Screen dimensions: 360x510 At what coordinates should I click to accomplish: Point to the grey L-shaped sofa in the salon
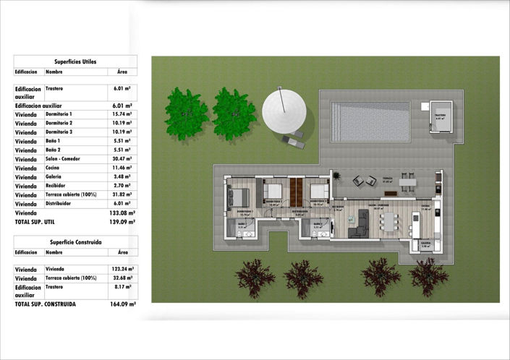(x=357, y=223)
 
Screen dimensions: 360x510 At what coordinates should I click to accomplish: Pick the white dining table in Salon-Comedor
(x=390, y=219)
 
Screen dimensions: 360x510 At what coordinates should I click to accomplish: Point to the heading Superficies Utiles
(x=75, y=61)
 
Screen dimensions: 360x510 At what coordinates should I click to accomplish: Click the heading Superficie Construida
(x=75, y=242)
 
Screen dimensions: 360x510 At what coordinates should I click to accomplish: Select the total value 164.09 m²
(x=124, y=304)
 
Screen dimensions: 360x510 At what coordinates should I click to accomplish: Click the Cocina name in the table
(x=54, y=168)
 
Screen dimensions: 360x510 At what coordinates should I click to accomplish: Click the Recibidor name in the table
(x=57, y=186)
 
